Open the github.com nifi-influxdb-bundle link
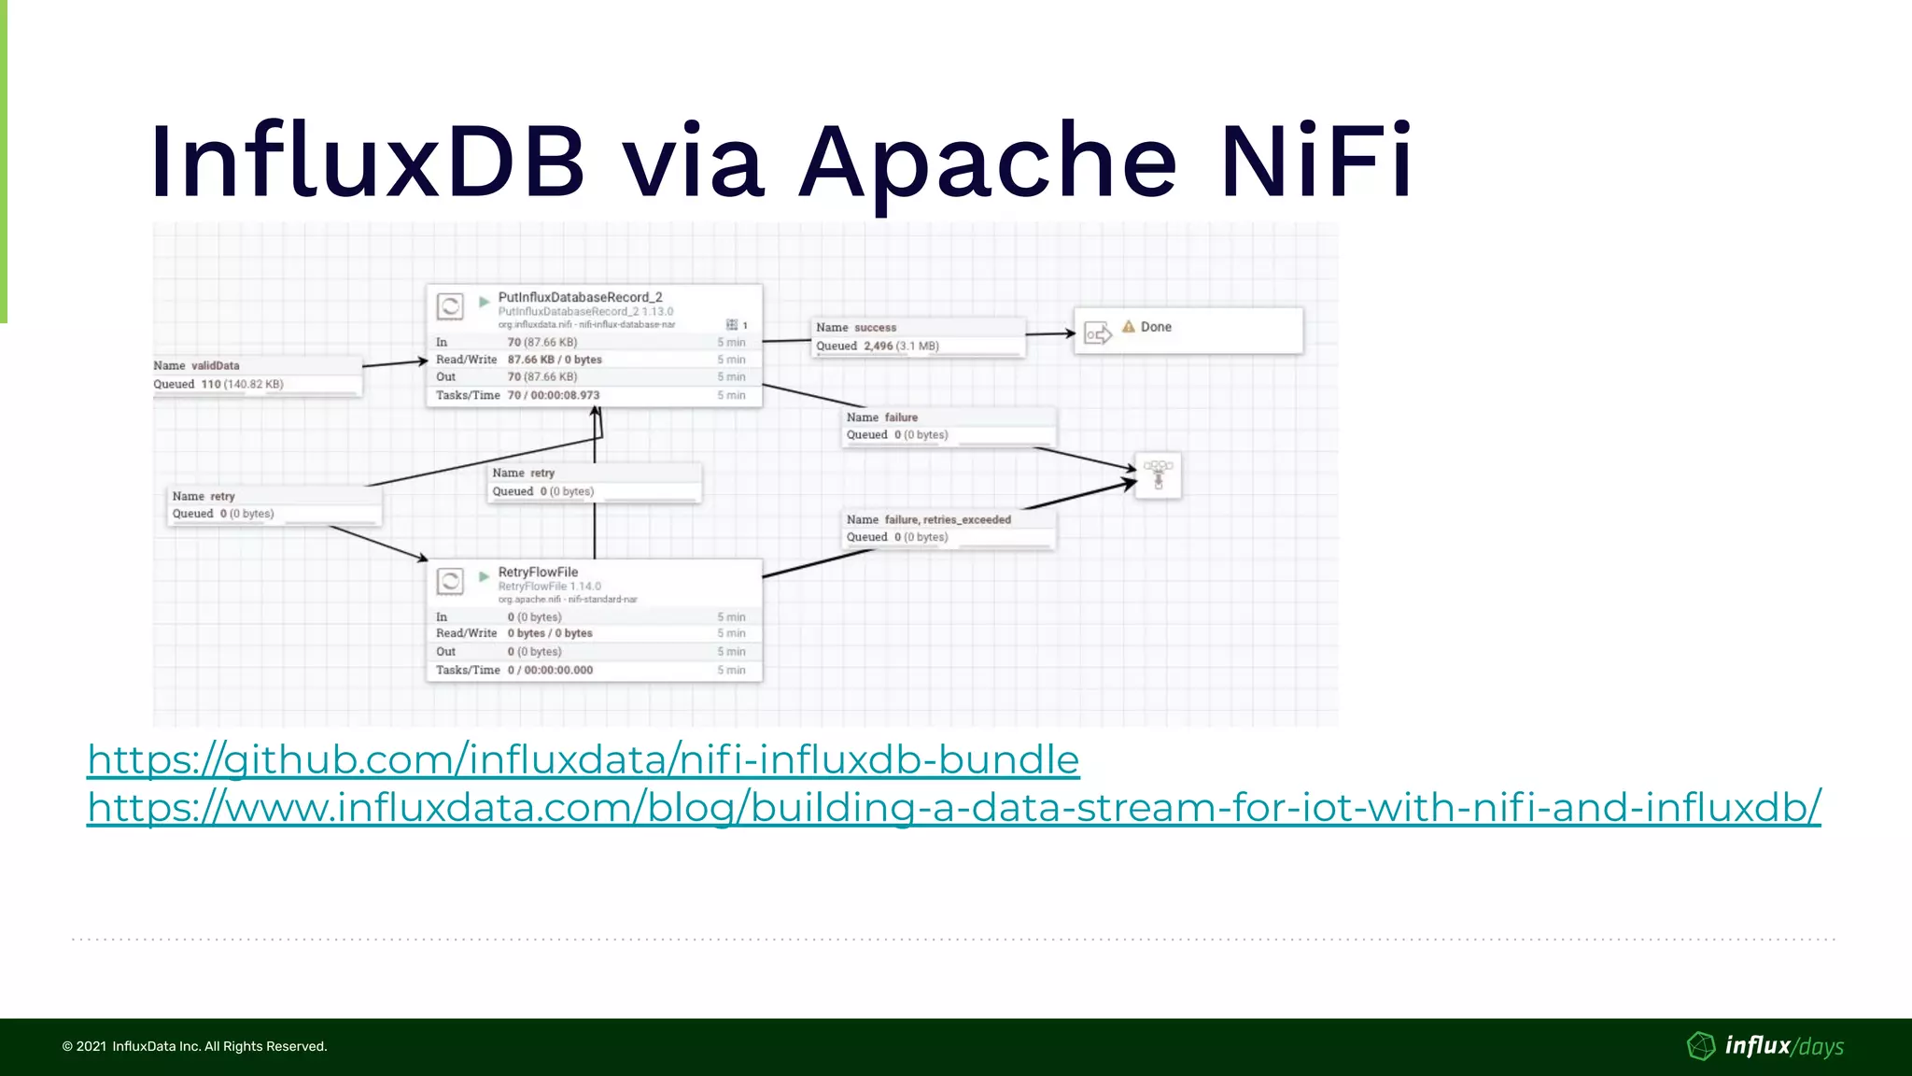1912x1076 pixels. (x=583, y=759)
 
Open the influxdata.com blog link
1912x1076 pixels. (x=953, y=807)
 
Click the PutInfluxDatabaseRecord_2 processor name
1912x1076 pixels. (x=580, y=297)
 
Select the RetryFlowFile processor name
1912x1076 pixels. (x=538, y=572)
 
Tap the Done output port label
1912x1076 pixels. (x=1156, y=327)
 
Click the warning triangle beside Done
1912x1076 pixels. (x=1128, y=327)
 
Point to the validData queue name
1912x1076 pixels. (x=215, y=365)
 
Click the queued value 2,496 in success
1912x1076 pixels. (x=878, y=346)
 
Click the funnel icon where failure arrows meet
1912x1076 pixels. (x=1158, y=474)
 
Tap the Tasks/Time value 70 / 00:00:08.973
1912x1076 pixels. (x=554, y=395)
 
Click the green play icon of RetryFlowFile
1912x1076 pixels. (x=484, y=576)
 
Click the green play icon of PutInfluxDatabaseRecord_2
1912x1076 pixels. (x=484, y=302)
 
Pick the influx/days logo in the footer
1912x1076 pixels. (x=1766, y=1046)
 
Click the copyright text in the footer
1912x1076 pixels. (x=194, y=1046)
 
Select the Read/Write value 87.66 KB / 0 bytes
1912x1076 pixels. (x=555, y=360)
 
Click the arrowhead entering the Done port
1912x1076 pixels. (x=1070, y=333)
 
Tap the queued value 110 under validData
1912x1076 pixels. (x=211, y=384)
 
